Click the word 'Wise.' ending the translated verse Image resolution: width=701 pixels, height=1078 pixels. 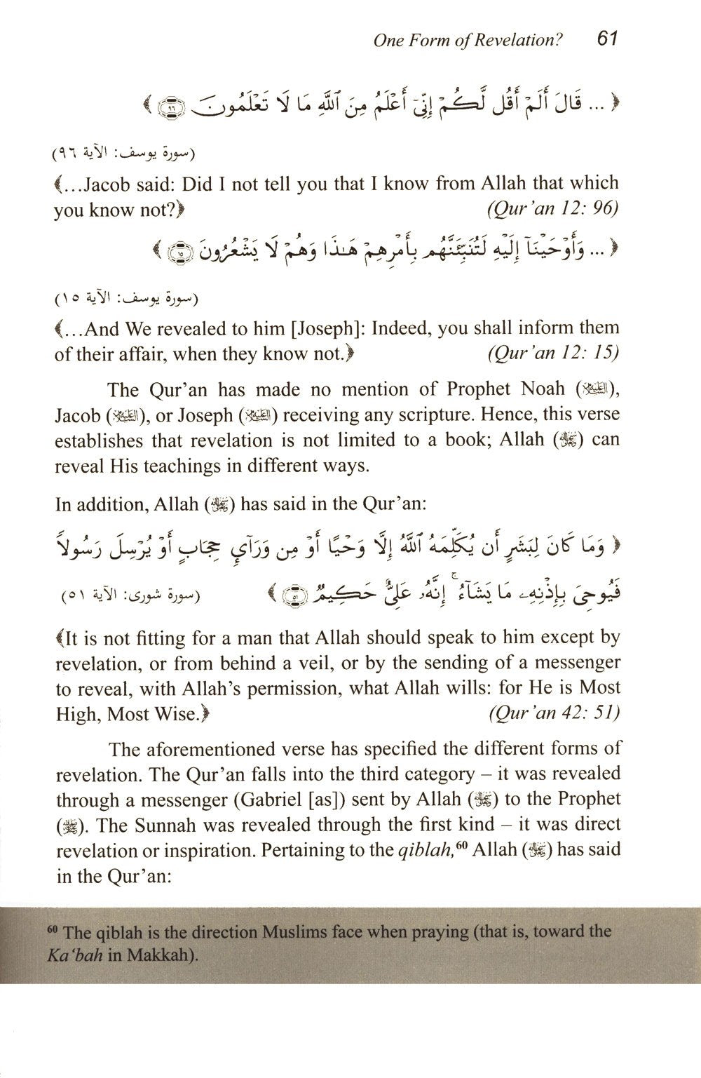click(x=184, y=714)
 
